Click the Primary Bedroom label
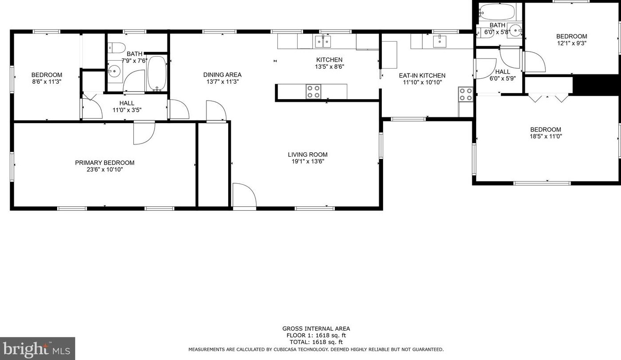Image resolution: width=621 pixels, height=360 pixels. coord(105,163)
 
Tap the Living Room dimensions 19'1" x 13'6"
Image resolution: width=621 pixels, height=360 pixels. coord(307,162)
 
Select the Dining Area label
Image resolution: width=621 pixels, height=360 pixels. coord(222,75)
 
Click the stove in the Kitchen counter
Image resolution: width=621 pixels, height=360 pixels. coord(314,91)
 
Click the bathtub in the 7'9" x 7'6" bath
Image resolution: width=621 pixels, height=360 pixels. coord(156,73)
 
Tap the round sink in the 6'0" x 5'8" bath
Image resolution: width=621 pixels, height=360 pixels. coord(514,30)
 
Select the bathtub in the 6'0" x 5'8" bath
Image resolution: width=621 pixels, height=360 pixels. coord(497,11)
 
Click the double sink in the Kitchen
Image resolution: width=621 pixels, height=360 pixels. coord(323,42)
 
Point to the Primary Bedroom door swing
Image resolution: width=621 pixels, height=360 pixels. coord(144,133)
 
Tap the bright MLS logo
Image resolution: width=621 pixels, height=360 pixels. coord(37,348)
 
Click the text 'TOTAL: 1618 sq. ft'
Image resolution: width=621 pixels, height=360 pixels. coord(316,342)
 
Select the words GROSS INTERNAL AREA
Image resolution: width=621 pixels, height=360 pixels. coord(316,329)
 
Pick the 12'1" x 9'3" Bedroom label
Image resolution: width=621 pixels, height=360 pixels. coord(571,36)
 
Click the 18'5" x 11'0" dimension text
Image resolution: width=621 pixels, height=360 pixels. coord(546,136)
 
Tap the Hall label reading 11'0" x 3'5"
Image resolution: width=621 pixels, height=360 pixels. coord(127,103)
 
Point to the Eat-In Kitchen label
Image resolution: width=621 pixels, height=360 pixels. coord(422,75)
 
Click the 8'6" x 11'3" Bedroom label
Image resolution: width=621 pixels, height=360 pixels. coord(47,75)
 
